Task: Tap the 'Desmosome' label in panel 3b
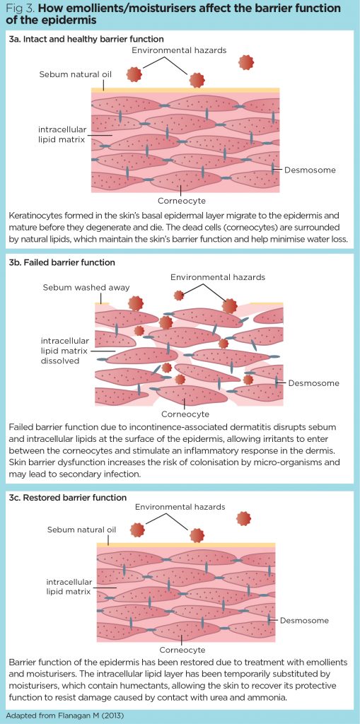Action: [x=314, y=383]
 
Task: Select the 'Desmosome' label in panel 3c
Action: [x=305, y=620]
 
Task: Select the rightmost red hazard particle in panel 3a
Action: [x=246, y=63]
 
